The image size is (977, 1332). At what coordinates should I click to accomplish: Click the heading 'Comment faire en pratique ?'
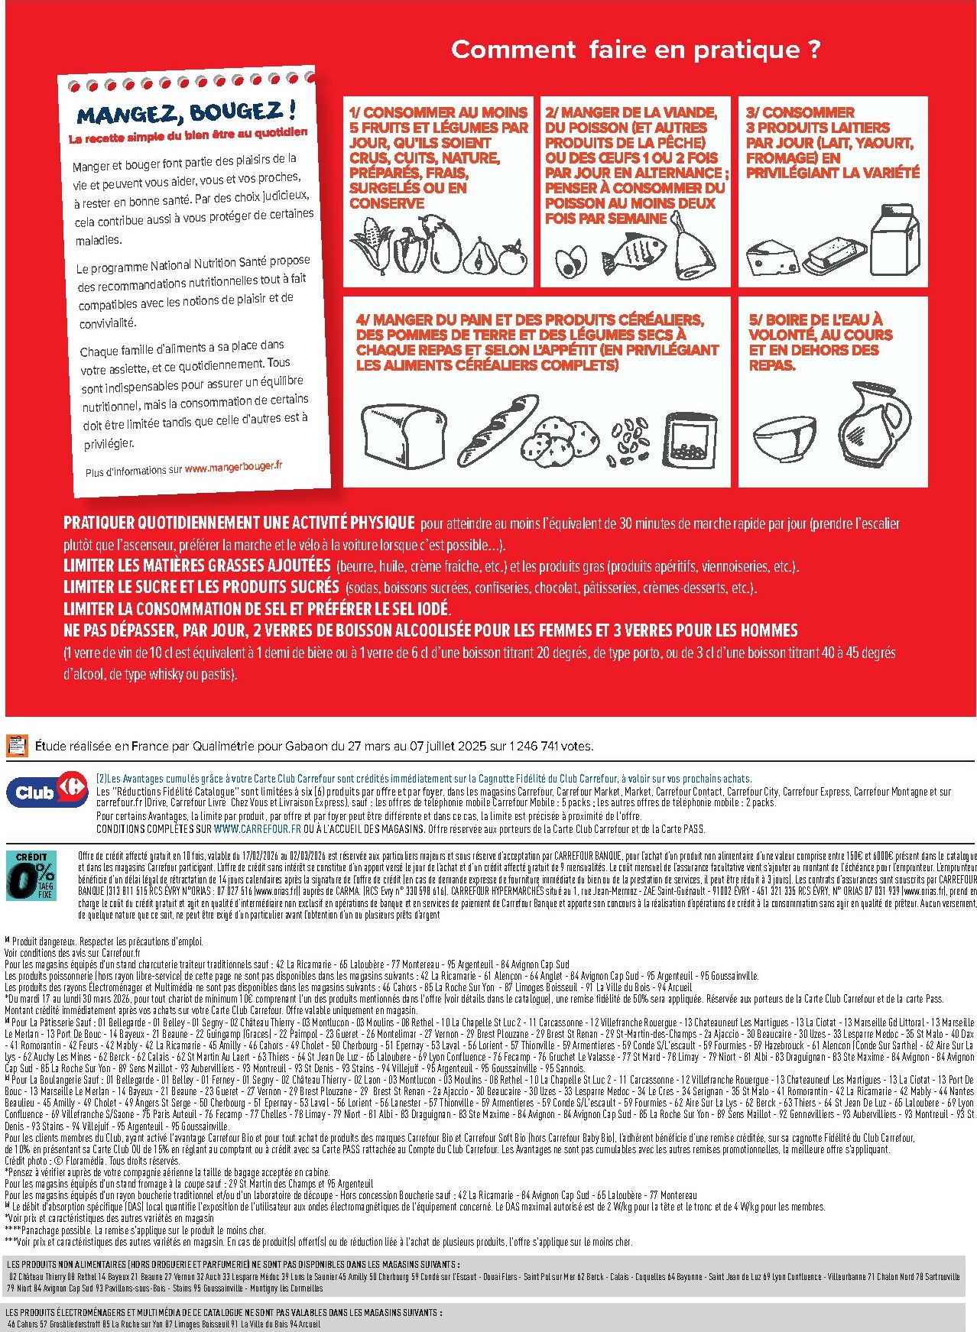pyautogui.click(x=635, y=50)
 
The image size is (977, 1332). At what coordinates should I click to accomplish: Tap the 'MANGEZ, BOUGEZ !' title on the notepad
pyautogui.click(x=186, y=113)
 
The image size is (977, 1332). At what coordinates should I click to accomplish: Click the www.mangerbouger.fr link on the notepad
pyautogui.click(x=233, y=467)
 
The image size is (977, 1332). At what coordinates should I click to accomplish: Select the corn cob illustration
pyautogui.click(x=372, y=245)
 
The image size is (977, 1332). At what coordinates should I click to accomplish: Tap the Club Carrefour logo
pyautogui.click(x=47, y=792)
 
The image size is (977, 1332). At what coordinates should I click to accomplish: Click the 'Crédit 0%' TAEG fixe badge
pyautogui.click(x=31, y=875)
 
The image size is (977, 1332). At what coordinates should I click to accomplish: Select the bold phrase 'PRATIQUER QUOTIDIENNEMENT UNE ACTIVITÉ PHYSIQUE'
pyautogui.click(x=239, y=523)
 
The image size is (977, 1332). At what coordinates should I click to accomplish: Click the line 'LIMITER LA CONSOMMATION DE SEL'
pyautogui.click(x=257, y=609)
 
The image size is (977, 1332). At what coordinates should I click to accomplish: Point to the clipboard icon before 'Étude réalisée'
pyautogui.click(x=17, y=745)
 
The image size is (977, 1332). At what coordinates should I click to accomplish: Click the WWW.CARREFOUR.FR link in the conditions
pyautogui.click(x=257, y=828)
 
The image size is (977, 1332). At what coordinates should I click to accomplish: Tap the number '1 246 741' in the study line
pyautogui.click(x=534, y=746)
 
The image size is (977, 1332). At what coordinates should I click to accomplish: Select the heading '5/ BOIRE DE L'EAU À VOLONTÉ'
pyautogui.click(x=820, y=341)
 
